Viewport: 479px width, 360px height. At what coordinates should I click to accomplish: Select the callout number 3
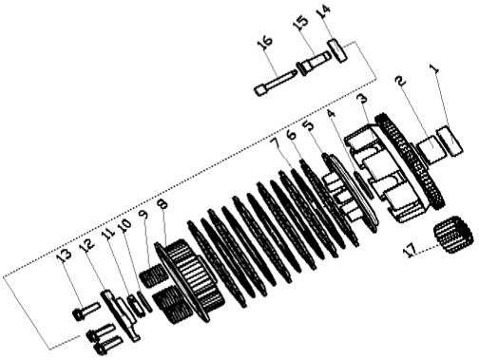[x=362, y=99]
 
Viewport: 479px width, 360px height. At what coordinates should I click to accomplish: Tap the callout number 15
[x=301, y=24]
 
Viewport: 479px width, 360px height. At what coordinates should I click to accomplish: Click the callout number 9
[x=144, y=217]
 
